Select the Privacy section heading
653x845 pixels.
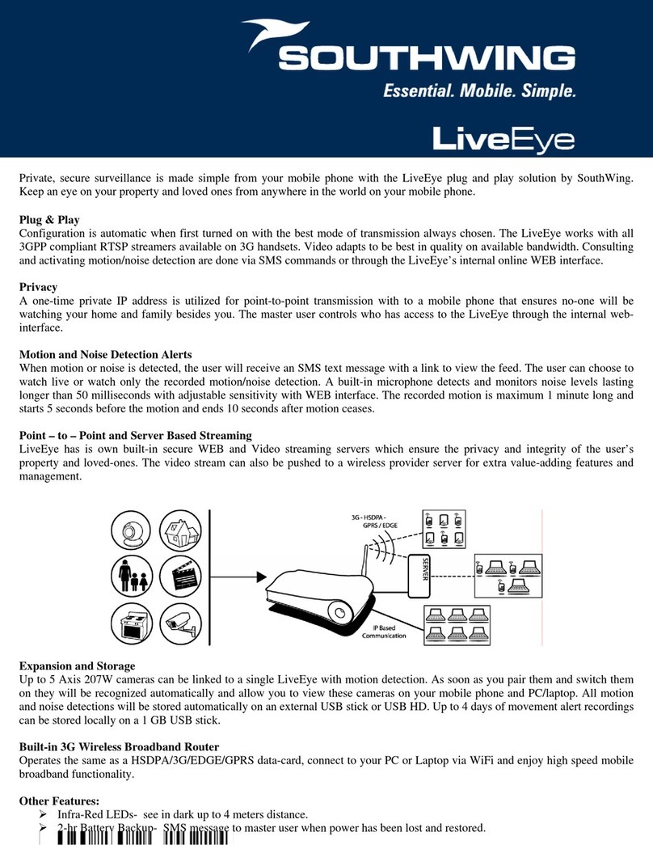point(39,285)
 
